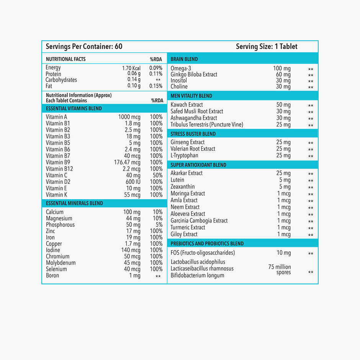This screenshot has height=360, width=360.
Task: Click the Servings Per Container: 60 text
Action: pyautogui.click(x=84, y=46)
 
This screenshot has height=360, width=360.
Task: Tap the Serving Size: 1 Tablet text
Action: pyautogui.click(x=267, y=46)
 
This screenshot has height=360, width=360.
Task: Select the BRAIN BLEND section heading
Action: pyautogui.click(x=184, y=59)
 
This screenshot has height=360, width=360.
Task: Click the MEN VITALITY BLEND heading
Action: pyautogui.click(x=191, y=96)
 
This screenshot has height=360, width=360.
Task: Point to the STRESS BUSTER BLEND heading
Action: pyautogui.click(x=193, y=134)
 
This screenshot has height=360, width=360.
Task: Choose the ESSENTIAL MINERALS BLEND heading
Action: pyautogui.click(x=74, y=203)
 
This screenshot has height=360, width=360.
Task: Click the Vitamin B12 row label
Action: pyautogui.click(x=59, y=169)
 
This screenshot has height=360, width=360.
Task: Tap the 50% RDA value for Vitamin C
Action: pyautogui.click(x=157, y=175)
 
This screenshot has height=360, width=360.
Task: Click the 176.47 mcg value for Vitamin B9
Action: pyautogui.click(x=127, y=162)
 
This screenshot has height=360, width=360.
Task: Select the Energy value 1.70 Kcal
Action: pyautogui.click(x=131, y=68)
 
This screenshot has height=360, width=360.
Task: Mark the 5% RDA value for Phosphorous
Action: pyautogui.click(x=159, y=225)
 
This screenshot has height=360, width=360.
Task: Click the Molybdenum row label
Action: pyautogui.click(x=61, y=263)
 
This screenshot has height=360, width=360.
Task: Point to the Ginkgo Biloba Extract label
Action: pyautogui.click(x=194, y=74)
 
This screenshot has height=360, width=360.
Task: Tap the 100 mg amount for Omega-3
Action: pyautogui.click(x=282, y=69)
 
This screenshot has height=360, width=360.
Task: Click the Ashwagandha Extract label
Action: pyautogui.click(x=194, y=118)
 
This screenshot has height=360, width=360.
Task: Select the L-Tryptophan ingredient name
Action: pyautogui.click(x=185, y=155)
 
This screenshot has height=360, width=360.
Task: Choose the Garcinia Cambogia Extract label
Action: pyautogui.click(x=199, y=221)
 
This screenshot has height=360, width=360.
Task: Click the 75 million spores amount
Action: pyautogui.click(x=280, y=270)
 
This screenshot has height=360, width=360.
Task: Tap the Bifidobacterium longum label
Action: pyautogui.click(x=198, y=275)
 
